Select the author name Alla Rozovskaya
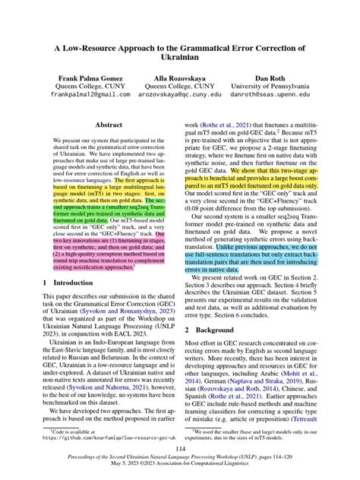coord(179,78)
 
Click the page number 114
coord(180,448)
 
